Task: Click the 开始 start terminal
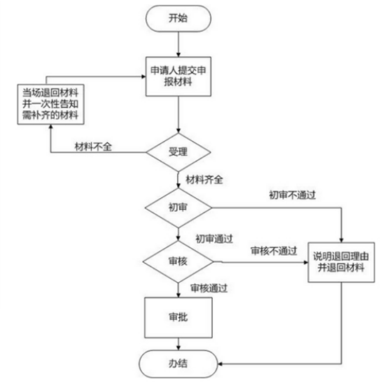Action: (x=178, y=18)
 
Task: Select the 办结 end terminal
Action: (x=178, y=363)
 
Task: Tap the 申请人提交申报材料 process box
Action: (x=178, y=76)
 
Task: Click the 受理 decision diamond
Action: (x=178, y=152)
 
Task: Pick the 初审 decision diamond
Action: (x=178, y=207)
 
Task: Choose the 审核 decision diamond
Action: (x=178, y=262)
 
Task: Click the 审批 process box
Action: (x=178, y=318)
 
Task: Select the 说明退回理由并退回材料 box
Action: (x=341, y=262)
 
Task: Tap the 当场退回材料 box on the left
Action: (x=51, y=104)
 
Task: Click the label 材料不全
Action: (x=93, y=147)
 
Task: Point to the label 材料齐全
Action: (x=204, y=179)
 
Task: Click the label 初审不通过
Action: (x=292, y=195)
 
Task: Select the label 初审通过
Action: (x=214, y=239)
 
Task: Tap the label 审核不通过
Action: (x=274, y=251)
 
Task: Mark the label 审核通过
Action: (x=209, y=288)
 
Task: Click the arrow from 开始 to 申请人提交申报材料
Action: (x=179, y=44)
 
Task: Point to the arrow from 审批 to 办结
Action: (x=179, y=344)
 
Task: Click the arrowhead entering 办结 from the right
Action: (x=220, y=363)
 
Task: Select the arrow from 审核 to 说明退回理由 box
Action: (x=261, y=262)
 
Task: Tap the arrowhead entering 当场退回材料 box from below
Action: (x=51, y=127)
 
